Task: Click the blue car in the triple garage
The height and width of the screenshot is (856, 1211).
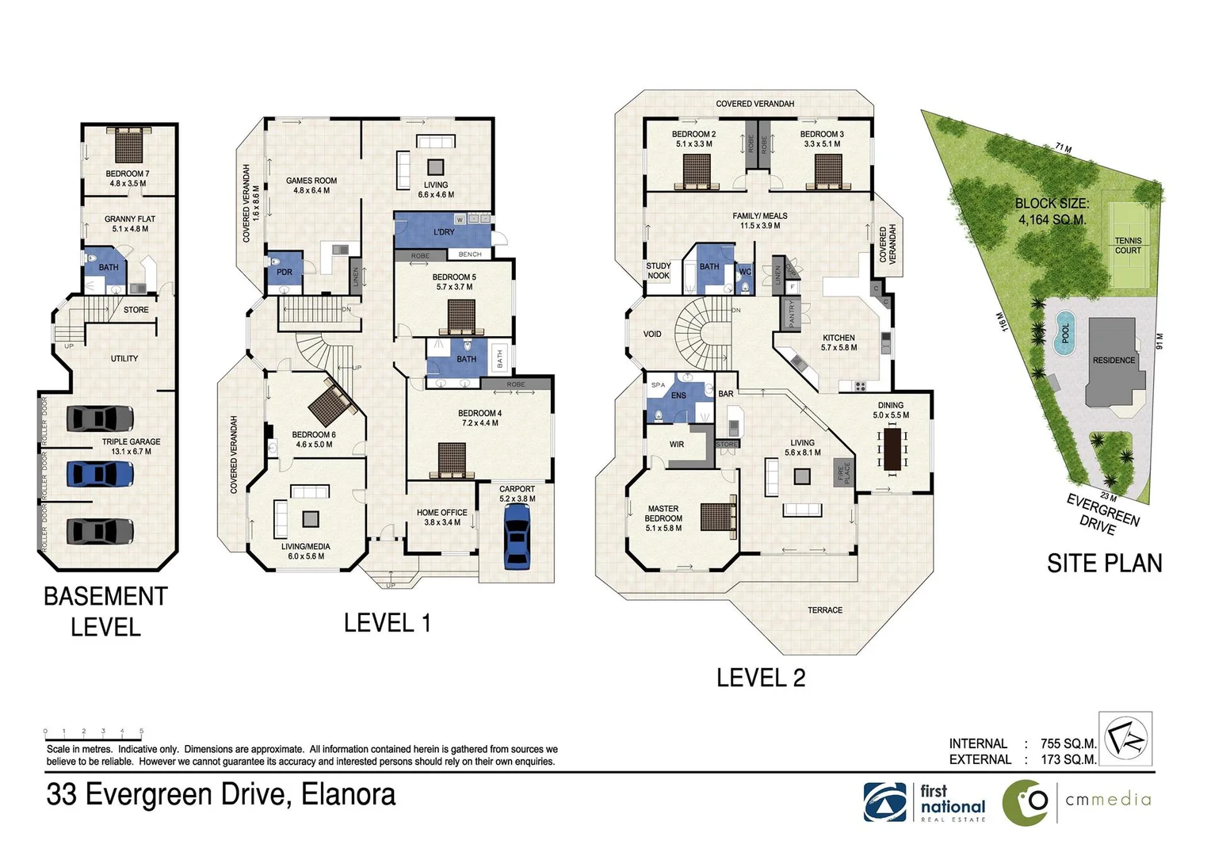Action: pyautogui.click(x=99, y=474)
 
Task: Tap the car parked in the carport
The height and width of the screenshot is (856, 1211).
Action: pyautogui.click(x=517, y=536)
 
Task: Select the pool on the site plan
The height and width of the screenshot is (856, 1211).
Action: pyautogui.click(x=1064, y=333)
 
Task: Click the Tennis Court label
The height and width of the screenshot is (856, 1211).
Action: pyautogui.click(x=1128, y=246)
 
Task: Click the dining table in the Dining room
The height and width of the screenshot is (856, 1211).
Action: pyautogui.click(x=893, y=449)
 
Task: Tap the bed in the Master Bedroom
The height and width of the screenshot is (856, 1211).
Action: pyautogui.click(x=719, y=517)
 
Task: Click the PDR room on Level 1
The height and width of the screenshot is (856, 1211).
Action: pyautogui.click(x=285, y=271)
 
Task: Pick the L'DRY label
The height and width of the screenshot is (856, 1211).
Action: pyautogui.click(x=444, y=232)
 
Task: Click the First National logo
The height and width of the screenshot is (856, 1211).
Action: pyautogui.click(x=925, y=802)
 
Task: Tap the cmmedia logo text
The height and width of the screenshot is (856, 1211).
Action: pyautogui.click(x=1107, y=800)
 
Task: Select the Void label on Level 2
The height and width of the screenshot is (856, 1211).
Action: pyautogui.click(x=652, y=334)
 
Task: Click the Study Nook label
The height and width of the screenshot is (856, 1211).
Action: pyautogui.click(x=659, y=271)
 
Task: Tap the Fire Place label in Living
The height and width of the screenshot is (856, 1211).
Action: pyautogui.click(x=843, y=473)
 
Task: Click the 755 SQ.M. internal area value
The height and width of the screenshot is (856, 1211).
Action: pyautogui.click(x=1068, y=743)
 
